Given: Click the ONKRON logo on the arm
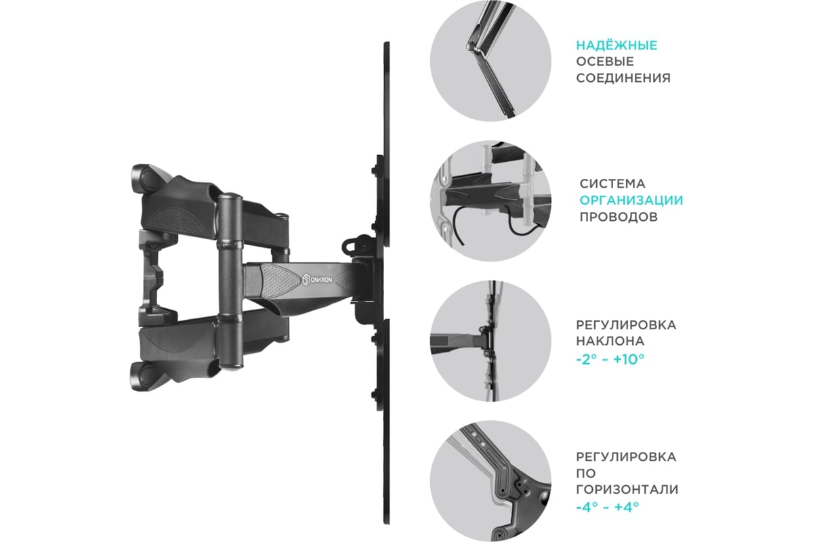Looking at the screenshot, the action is point(317,279).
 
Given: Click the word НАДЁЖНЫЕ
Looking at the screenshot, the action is point(617,45).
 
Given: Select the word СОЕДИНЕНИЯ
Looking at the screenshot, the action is point(623,78).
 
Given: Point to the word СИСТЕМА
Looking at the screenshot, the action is point(612,184).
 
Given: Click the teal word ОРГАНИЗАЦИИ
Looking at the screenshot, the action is point(631,200).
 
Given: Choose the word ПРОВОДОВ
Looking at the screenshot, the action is point(619,217).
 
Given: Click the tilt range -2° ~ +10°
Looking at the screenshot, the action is point(610,359).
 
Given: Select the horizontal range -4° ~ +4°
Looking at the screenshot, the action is point(608,506).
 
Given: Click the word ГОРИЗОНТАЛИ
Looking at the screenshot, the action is point(627,489).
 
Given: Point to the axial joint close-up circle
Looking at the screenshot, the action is point(491,60).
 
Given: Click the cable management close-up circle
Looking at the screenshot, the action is point(491,201).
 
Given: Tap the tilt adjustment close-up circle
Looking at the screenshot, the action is point(491,341).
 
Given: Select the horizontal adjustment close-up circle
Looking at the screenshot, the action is point(491,481).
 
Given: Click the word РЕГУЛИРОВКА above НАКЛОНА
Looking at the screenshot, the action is point(626,325).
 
